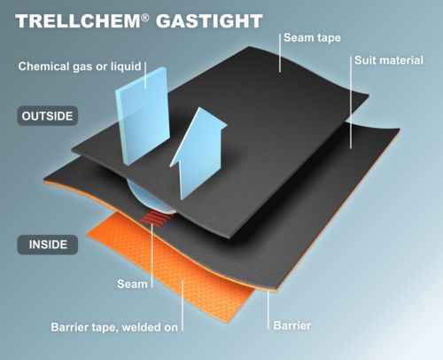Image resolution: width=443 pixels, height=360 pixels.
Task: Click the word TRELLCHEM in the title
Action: [78, 21]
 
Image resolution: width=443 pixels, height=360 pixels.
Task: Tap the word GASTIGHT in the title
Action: [209, 21]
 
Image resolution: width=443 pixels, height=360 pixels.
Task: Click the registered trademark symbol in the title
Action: [145, 18]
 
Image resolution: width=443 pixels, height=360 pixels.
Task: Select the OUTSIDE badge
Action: [48, 116]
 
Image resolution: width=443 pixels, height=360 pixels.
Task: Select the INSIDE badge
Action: [48, 245]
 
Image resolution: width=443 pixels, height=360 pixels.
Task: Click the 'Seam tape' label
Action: [312, 38]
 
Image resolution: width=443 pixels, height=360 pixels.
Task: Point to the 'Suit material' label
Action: [389, 60]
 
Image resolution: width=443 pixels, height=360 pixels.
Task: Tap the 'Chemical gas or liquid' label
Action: [80, 67]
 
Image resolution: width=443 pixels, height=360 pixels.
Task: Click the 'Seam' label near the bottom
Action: [132, 284]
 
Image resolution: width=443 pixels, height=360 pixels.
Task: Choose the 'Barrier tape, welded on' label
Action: [114, 327]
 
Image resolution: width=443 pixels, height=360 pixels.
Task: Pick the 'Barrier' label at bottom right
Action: [292, 325]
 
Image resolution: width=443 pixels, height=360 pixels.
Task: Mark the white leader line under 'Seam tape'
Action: [280, 53]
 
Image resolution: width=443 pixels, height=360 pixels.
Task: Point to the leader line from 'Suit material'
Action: [351, 102]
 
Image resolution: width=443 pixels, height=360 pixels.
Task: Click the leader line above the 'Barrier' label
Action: [268, 310]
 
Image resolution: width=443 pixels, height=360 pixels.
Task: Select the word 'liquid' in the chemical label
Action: [126, 67]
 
